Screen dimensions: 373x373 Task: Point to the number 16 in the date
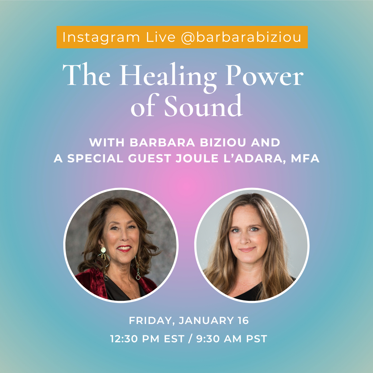pyautogui.click(x=242, y=321)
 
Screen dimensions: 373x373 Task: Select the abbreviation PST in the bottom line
pyautogui.click(x=256, y=339)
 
